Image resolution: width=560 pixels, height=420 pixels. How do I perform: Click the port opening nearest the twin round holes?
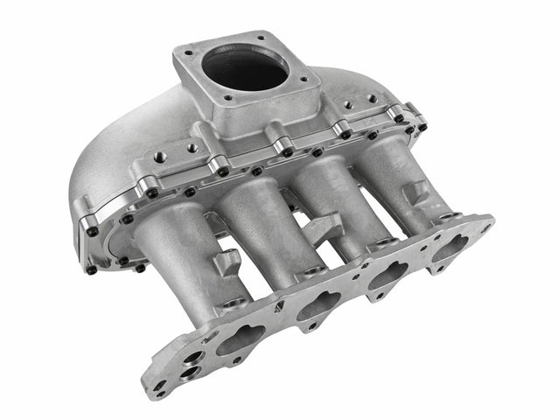tap(241, 338)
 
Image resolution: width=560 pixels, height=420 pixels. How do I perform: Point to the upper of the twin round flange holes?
tap(194, 357)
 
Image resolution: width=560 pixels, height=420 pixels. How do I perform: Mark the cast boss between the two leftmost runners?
tap(229, 260)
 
